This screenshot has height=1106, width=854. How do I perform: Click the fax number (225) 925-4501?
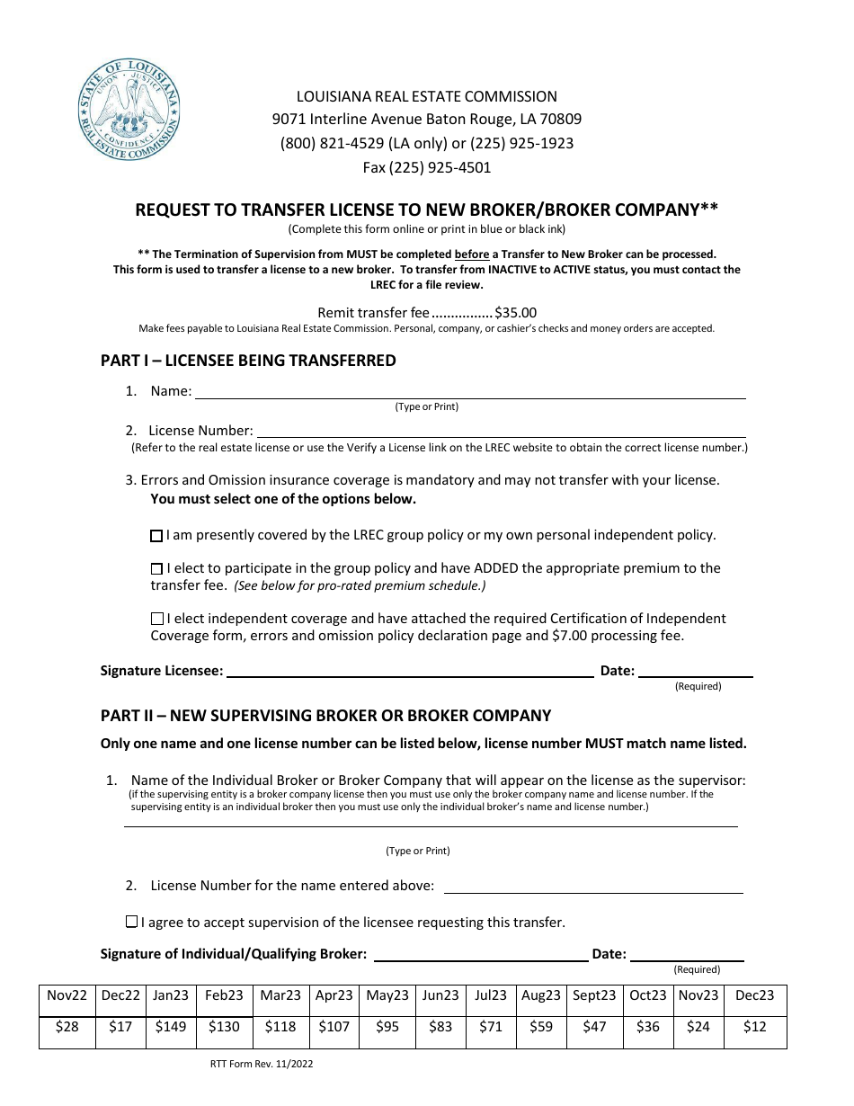427,167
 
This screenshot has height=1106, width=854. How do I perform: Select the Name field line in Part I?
470,392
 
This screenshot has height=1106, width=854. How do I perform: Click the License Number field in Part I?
501,432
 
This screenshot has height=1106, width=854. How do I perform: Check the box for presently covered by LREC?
156,536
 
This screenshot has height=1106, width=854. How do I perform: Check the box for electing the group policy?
157,568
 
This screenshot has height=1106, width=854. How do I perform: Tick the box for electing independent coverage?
157,619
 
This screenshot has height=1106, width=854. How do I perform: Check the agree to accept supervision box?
132,922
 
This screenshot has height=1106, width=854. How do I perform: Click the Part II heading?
325,716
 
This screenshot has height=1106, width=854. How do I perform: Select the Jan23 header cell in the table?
171,995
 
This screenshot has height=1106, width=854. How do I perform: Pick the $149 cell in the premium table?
171,1026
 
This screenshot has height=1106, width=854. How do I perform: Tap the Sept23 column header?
594,995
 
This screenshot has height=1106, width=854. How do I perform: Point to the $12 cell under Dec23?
755,1026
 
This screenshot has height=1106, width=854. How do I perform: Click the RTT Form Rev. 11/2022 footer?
261,1064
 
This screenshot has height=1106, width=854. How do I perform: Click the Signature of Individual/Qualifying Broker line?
481,954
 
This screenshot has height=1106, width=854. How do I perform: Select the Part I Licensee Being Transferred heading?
248,361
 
